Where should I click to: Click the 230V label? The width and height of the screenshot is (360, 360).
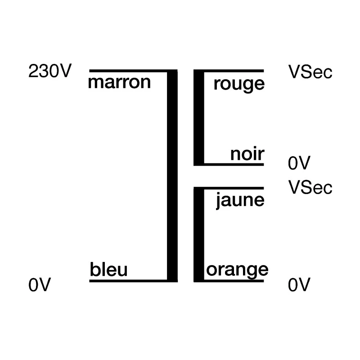tap(50, 71)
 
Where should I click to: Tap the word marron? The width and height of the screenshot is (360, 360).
tap(119, 82)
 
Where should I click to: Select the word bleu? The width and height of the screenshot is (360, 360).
tap(108, 269)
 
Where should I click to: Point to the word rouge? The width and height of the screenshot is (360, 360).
tap(239, 85)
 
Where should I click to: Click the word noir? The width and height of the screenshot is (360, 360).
tap(247, 154)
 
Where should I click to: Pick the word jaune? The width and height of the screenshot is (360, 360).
tap(240, 201)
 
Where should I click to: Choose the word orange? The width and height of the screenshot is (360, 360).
tap(237, 271)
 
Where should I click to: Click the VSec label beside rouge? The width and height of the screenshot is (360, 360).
tap(310, 72)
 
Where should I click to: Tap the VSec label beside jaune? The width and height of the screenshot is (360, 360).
tap(310, 187)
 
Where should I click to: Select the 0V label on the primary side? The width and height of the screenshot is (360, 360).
tap(40, 285)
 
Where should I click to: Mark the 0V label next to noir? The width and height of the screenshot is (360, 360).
tap(299, 163)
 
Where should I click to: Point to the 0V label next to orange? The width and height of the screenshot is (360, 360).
tap(299, 285)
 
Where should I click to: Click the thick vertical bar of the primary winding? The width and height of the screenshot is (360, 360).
tap(172, 175)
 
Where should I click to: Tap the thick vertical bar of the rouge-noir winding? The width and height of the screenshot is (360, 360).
tap(199, 117)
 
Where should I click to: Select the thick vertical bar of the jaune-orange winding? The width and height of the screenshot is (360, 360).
tap(199, 234)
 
